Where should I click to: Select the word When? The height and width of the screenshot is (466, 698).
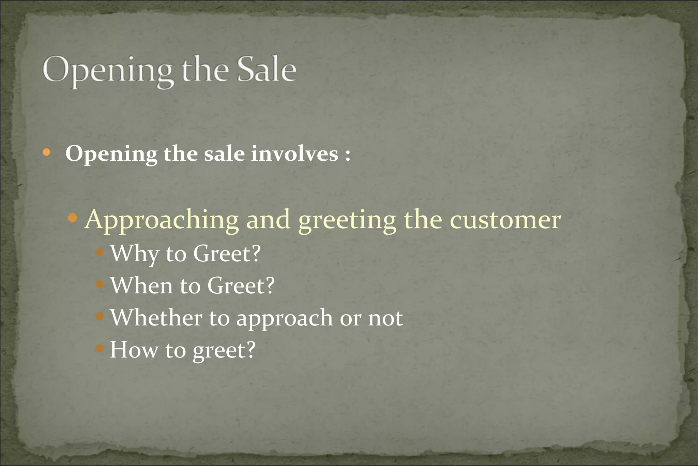[141, 285]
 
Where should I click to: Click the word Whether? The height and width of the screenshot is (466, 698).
[156, 318]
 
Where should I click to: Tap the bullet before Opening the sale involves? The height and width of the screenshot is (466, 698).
[47, 152]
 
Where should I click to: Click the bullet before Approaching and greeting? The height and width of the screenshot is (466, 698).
[73, 217]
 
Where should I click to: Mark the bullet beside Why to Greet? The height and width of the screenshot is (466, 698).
[100, 252]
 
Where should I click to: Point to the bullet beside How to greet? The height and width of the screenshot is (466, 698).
[100, 348]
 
